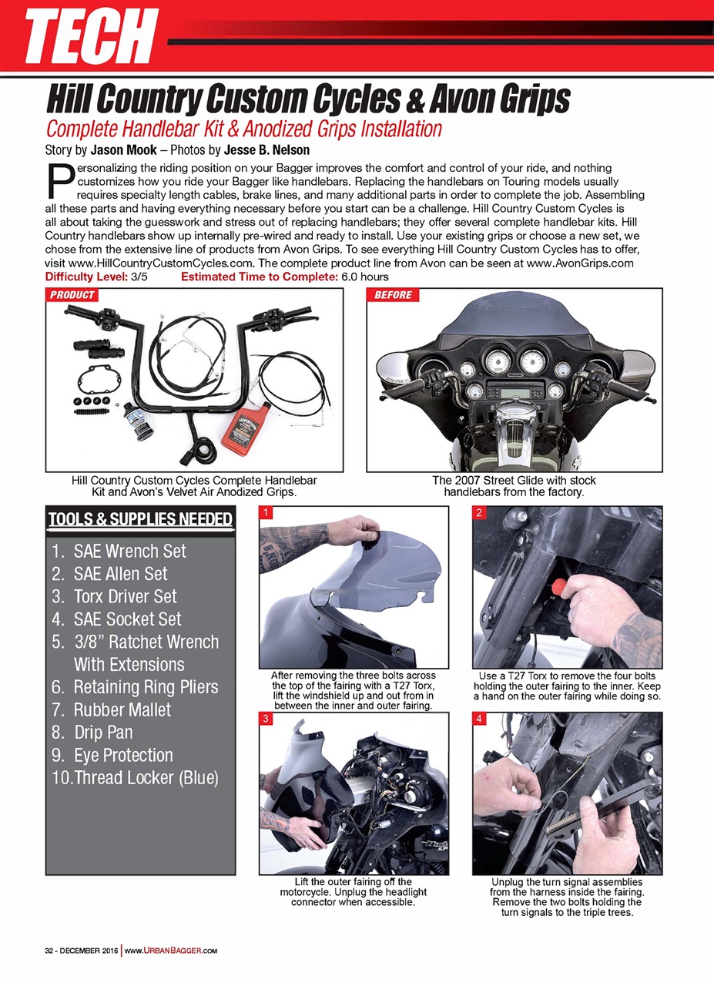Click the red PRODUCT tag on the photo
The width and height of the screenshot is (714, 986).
[x=72, y=295]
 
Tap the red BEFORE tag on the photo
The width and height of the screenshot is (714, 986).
[x=393, y=295]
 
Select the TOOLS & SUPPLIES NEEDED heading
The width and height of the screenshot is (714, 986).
[x=140, y=519]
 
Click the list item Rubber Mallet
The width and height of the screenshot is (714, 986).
[x=122, y=709]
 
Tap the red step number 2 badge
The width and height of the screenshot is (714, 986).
[x=479, y=512]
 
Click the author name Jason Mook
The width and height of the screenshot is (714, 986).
[x=125, y=149]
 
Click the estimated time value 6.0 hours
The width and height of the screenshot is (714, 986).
[x=366, y=277]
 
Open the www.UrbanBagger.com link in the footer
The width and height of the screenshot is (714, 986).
[x=169, y=950]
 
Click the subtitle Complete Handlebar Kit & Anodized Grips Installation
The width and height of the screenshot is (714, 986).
[x=244, y=128]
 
